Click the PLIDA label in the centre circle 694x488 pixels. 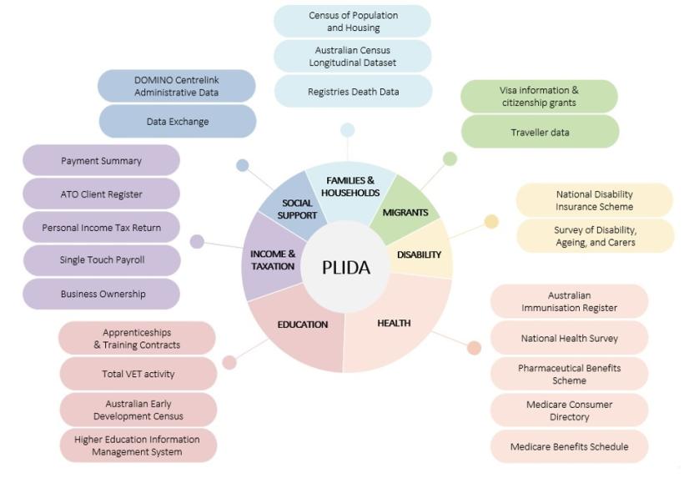(x=347, y=267)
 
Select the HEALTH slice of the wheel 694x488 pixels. (x=394, y=324)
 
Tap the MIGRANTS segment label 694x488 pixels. (x=405, y=212)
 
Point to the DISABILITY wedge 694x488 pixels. (x=419, y=254)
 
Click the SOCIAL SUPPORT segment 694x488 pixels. (x=296, y=209)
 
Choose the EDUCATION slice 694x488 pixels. (x=302, y=324)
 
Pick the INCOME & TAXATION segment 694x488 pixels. (x=272, y=259)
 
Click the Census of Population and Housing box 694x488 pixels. (x=352, y=21)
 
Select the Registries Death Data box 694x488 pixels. (x=352, y=92)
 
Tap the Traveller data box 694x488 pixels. (x=540, y=132)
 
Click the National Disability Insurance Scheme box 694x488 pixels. (x=594, y=200)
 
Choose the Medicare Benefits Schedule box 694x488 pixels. (x=569, y=446)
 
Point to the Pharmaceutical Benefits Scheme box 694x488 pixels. (x=569, y=374)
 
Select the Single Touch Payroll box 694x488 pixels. (x=102, y=259)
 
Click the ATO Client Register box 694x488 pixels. (x=102, y=194)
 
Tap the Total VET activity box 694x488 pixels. (x=138, y=374)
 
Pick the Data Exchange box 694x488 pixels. (x=177, y=121)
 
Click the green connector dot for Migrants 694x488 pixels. (x=450, y=158)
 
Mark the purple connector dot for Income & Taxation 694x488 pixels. (x=197, y=242)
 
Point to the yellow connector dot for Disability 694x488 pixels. (x=491, y=221)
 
